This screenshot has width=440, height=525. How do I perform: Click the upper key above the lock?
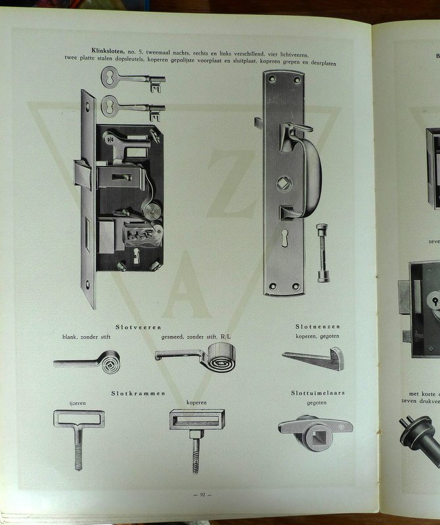pos(131,79)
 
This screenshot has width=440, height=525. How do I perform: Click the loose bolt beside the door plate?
pos(322,253)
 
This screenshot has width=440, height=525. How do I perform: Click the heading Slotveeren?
pos(139,327)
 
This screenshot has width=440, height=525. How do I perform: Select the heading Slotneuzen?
pos(318,326)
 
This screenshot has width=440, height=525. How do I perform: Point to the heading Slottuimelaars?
pos(318,393)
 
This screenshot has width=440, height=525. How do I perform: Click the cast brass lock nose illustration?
pos(314,359)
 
